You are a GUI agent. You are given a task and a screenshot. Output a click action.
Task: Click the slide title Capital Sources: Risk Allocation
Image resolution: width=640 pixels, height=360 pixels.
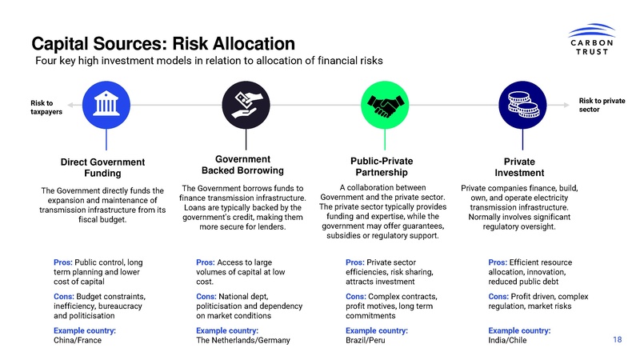[x=163, y=42]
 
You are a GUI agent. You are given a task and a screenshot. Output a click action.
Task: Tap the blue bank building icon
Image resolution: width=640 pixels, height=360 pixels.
[x=102, y=104]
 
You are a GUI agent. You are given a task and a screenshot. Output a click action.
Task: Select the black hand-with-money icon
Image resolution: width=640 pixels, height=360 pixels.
[x=242, y=104]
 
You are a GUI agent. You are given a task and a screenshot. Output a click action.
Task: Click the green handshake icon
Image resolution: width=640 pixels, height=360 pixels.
[x=382, y=104]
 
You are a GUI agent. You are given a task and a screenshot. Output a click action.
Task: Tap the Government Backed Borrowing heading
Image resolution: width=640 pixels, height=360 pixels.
[x=242, y=165]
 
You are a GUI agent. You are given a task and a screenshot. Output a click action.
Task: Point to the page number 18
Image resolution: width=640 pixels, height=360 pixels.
[x=617, y=340]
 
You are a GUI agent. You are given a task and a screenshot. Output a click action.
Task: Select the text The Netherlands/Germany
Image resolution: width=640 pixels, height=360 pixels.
[x=242, y=341]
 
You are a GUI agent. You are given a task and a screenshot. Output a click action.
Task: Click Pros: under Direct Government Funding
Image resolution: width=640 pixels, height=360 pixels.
[x=63, y=262]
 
